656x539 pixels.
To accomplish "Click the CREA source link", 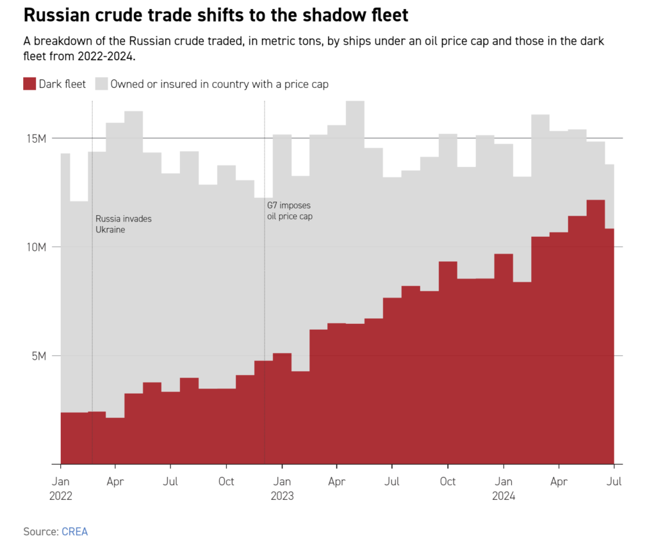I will tap(74, 531).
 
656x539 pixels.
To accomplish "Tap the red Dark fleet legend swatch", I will tap(29, 84).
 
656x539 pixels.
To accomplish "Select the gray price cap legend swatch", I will tap(101, 84).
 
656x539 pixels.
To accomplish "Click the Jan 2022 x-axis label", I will tap(61, 488).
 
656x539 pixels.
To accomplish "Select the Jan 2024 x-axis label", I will tap(504, 488).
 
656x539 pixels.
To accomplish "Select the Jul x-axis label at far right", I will tap(614, 481).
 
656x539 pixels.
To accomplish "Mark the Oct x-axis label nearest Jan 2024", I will tap(448, 481).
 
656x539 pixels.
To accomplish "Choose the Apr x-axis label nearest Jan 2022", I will tap(116, 481).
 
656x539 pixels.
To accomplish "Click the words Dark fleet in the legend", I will tap(62, 84).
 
